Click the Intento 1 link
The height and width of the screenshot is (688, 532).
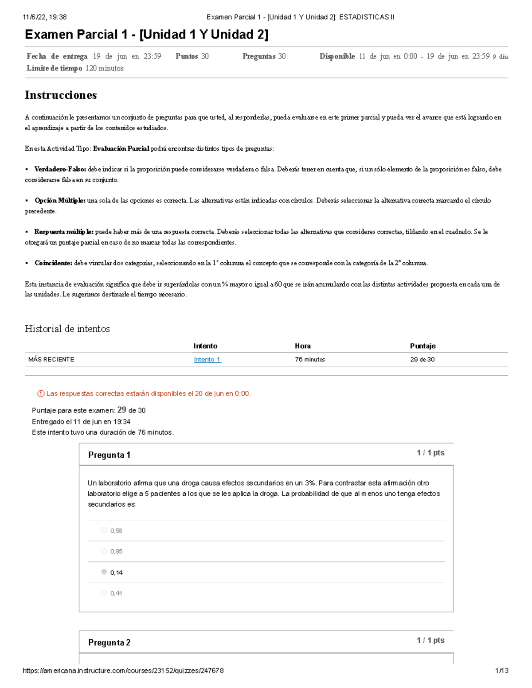207,359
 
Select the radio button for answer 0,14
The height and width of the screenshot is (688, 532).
104,572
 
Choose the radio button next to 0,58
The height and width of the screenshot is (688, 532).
104,530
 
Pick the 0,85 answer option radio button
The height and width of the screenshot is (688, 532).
104,551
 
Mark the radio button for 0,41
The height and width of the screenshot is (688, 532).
104,593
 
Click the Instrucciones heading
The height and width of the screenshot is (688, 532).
61,95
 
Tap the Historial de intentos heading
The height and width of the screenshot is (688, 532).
67,329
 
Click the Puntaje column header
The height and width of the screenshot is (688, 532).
422,346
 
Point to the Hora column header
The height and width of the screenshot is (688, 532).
303,346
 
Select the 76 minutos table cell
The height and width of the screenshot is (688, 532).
310,359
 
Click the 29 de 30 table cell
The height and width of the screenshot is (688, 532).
422,359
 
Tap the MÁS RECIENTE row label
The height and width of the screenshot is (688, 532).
51,359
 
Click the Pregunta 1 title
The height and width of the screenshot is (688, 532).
109,455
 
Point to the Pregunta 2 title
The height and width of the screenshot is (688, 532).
109,642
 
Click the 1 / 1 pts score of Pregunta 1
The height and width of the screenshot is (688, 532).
430,453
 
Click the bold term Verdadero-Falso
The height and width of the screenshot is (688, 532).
60,169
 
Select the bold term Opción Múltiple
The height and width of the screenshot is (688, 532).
60,201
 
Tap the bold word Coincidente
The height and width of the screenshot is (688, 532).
53,263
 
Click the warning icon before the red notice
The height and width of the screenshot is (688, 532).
41,393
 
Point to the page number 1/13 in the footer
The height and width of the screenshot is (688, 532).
501,671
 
